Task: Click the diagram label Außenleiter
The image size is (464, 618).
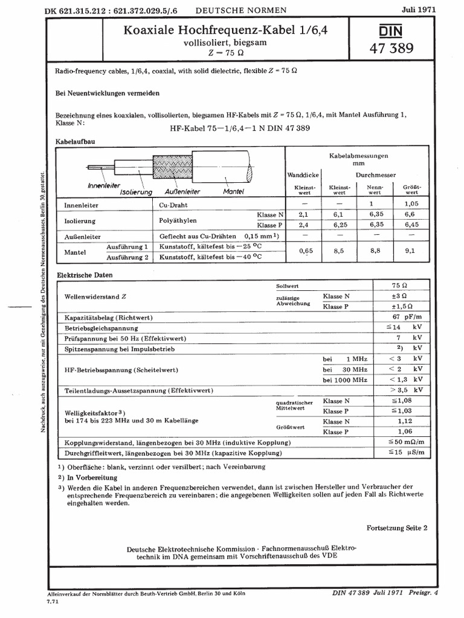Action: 182,191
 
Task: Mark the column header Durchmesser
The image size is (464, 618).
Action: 375,174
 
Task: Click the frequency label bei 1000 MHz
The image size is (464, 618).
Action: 345,380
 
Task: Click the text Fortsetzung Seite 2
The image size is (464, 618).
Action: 397,527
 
